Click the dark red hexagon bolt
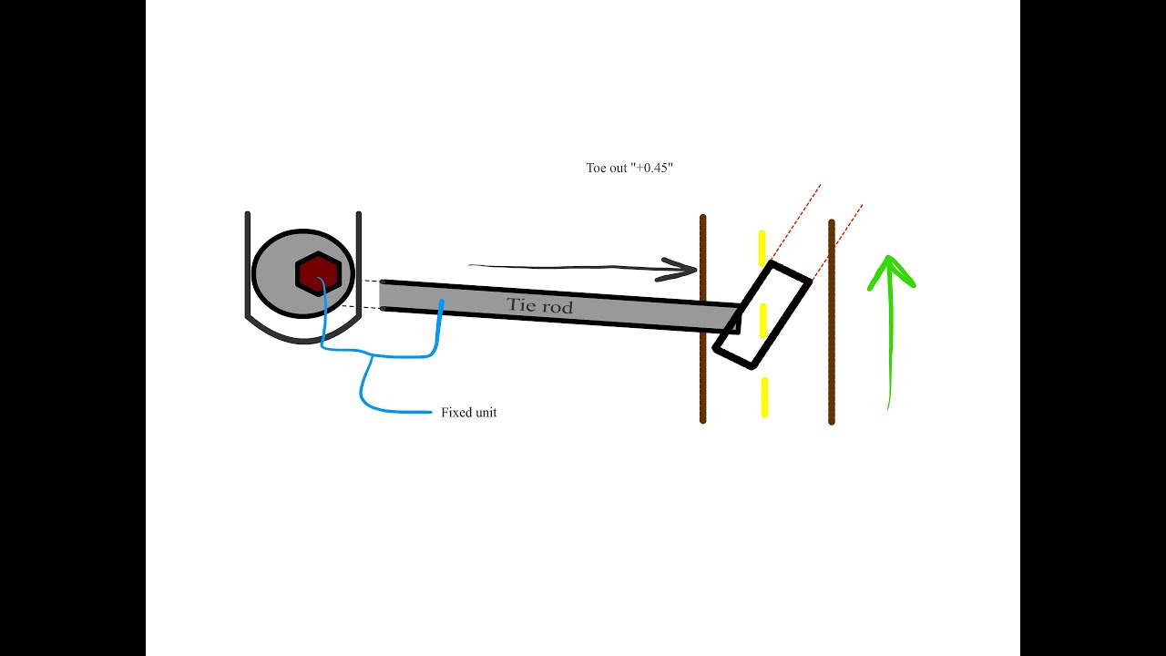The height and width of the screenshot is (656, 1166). click(x=318, y=272)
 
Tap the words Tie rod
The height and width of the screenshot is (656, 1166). click(x=540, y=305)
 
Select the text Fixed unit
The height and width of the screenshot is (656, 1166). click(x=468, y=413)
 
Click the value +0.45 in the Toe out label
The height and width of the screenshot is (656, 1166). click(x=653, y=169)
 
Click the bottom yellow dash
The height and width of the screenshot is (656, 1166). click(x=764, y=396)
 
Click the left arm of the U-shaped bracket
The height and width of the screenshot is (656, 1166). click(x=247, y=264)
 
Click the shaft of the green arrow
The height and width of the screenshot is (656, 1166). click(x=890, y=355)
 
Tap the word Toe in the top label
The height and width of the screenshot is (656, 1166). click(x=596, y=169)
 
